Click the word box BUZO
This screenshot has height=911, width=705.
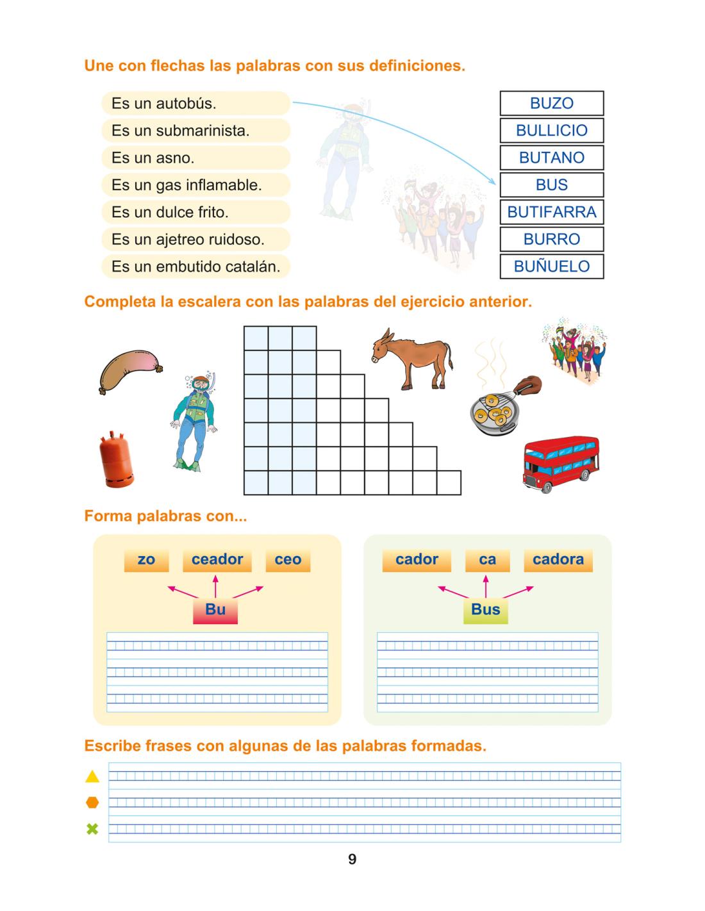tap(551, 103)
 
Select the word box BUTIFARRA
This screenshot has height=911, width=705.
tap(551, 212)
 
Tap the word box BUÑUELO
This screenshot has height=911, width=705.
tap(551, 267)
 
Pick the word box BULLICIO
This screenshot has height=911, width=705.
tap(551, 131)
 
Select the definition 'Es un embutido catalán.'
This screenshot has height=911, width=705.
tap(195, 267)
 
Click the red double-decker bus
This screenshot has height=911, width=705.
tap(561, 464)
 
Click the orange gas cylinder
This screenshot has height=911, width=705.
tap(116, 460)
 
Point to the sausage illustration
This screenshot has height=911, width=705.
tap(129, 370)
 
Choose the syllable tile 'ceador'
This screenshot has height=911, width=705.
tap(217, 560)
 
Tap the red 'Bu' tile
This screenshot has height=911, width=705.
tap(215, 610)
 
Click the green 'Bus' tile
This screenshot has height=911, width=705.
tap(485, 610)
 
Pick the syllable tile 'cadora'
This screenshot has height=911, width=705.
tap(558, 560)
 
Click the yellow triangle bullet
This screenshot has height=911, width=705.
tap(92, 776)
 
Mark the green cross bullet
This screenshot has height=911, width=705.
tap(92, 830)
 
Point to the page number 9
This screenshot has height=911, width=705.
tap(352, 860)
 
